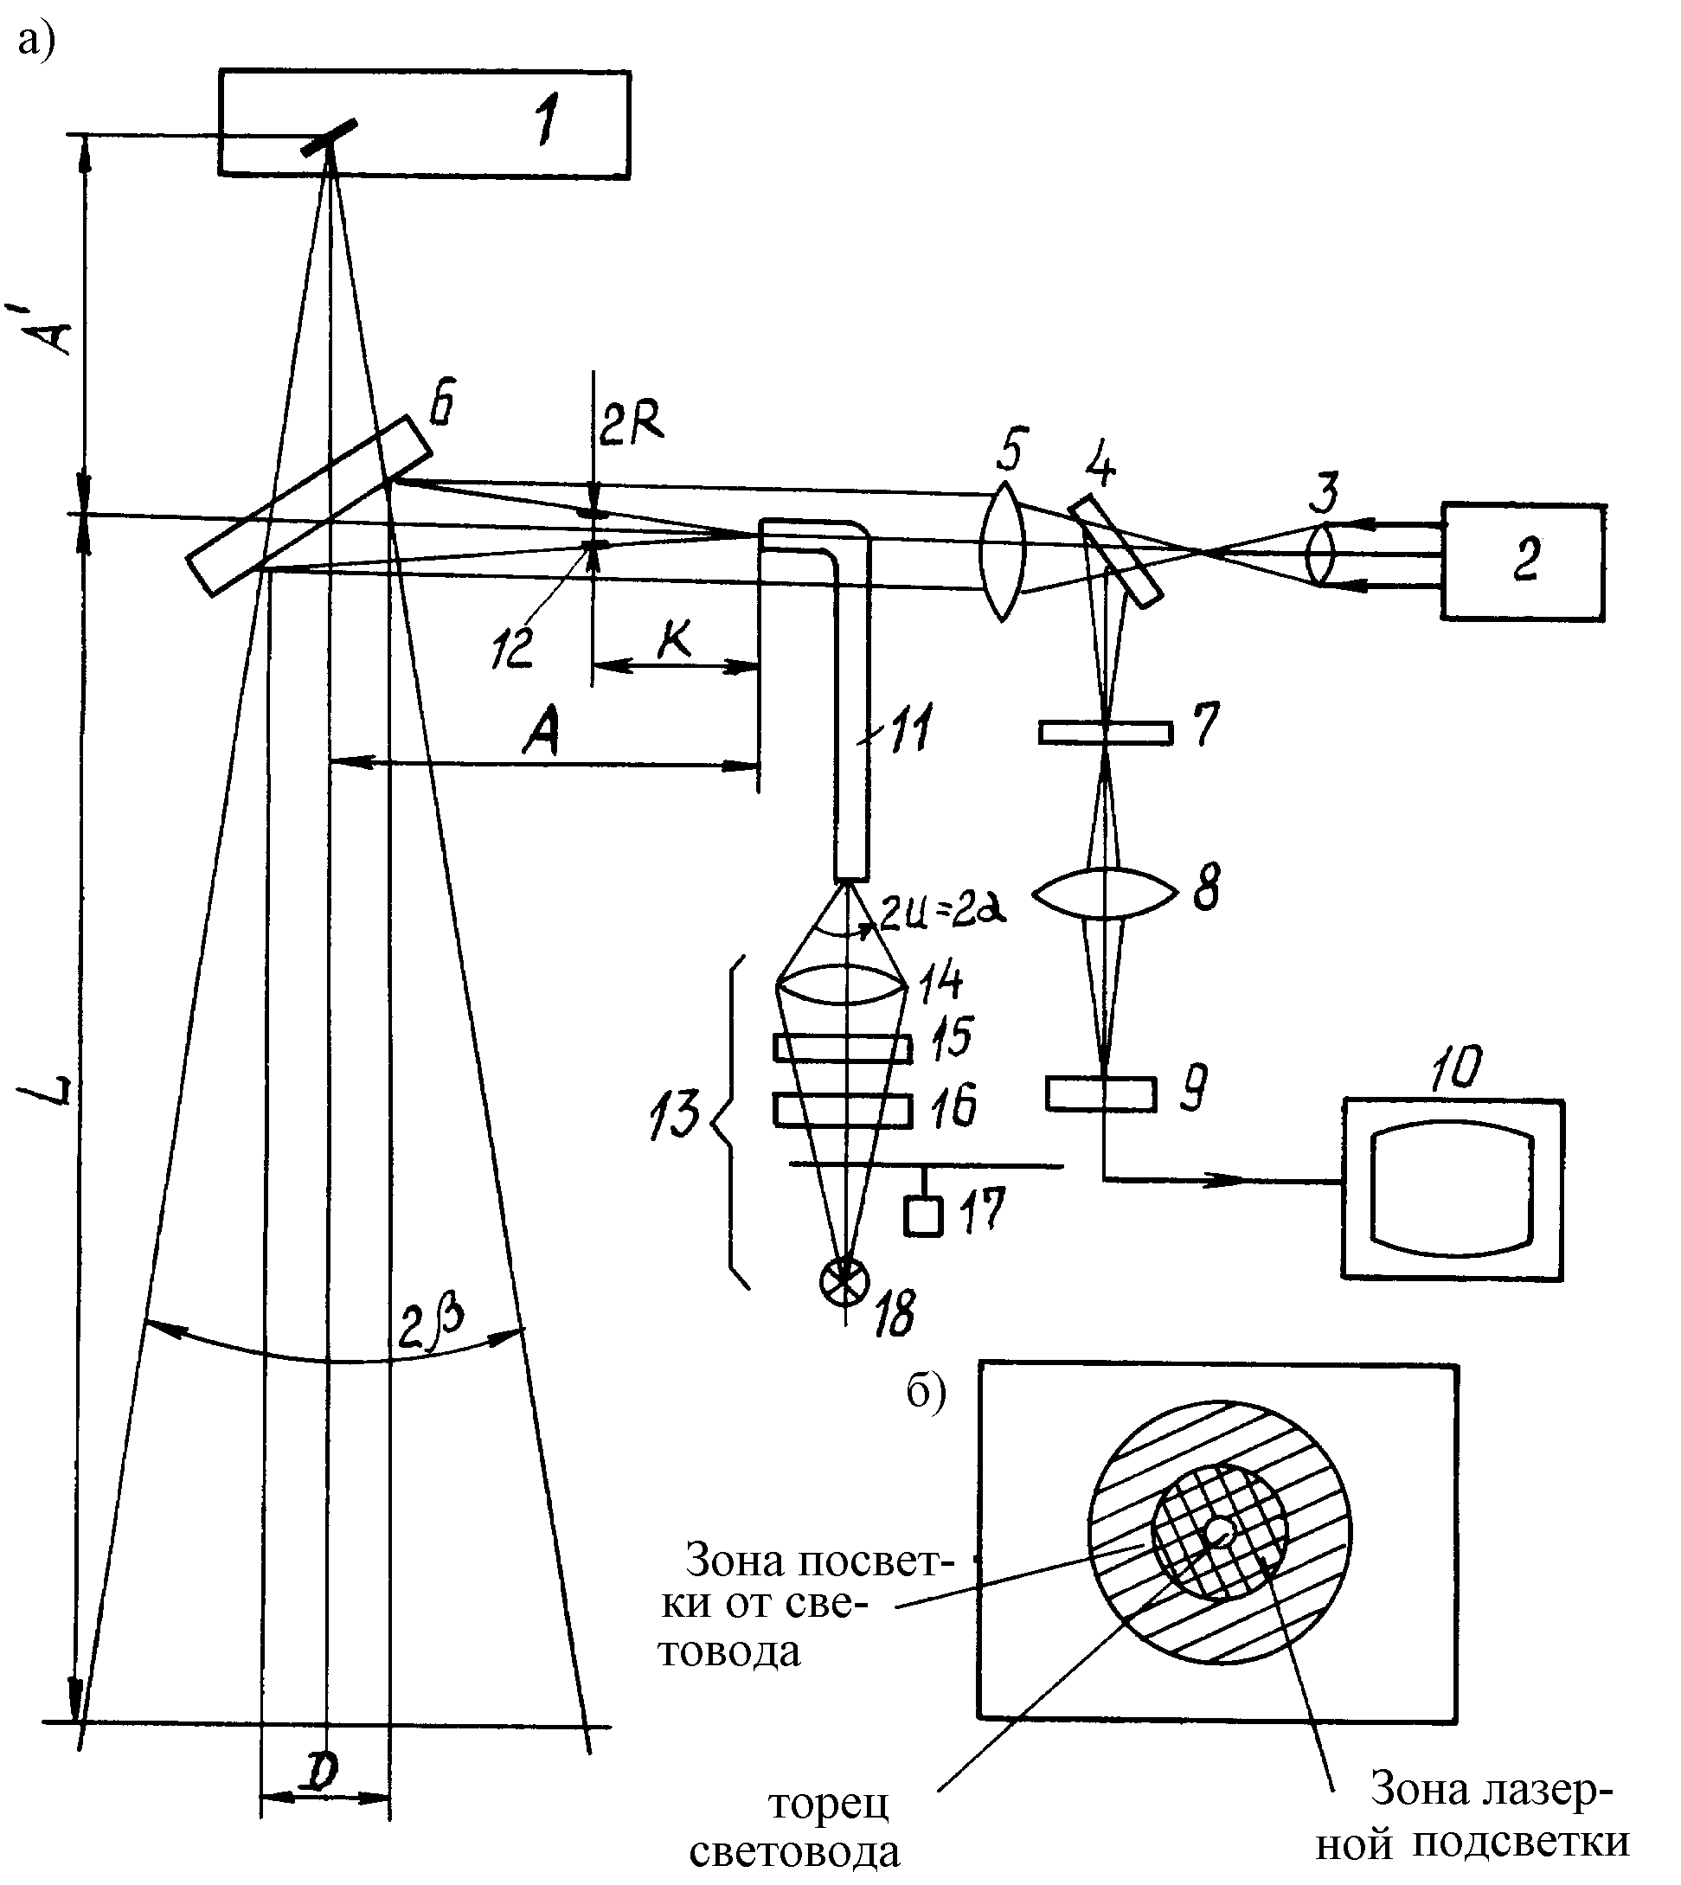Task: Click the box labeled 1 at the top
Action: point(425,124)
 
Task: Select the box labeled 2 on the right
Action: point(1523,561)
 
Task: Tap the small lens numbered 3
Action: point(1323,554)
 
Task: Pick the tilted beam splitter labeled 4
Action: point(1116,551)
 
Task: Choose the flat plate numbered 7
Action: point(1106,734)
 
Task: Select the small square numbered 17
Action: point(924,1215)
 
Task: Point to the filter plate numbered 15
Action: point(844,1048)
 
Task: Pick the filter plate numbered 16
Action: point(844,1110)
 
